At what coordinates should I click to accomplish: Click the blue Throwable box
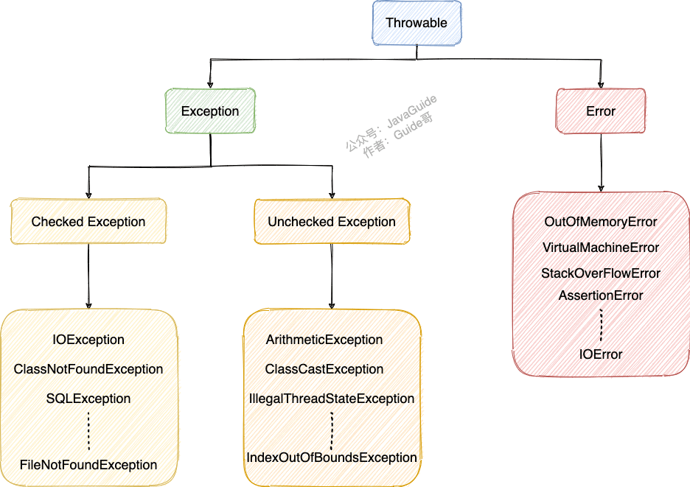click(x=417, y=23)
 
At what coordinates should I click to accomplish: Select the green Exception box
click(x=210, y=111)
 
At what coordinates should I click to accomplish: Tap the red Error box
click(x=600, y=111)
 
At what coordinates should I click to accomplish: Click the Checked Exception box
click(x=88, y=222)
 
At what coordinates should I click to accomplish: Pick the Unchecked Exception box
click(x=332, y=222)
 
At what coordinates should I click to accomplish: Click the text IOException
click(x=88, y=340)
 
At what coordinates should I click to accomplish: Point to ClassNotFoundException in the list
click(x=88, y=369)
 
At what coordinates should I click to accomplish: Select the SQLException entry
click(x=88, y=399)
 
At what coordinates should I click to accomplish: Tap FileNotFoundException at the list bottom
click(x=88, y=465)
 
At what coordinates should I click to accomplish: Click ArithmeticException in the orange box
click(x=324, y=340)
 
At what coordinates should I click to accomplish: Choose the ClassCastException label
click(x=324, y=369)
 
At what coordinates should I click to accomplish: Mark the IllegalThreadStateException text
click(x=332, y=399)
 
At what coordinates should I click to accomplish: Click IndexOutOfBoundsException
click(x=332, y=458)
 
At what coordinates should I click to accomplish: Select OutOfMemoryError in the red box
click(x=601, y=222)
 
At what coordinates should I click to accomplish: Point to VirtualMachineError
click(x=601, y=248)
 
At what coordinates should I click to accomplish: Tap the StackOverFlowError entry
click(x=601, y=273)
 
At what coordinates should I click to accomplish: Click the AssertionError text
click(x=601, y=295)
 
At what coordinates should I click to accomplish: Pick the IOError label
click(x=601, y=354)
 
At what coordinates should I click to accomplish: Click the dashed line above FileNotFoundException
click(x=88, y=431)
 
